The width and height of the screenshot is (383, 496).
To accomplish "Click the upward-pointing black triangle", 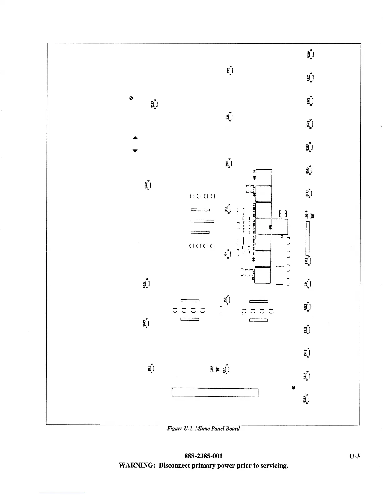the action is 135,138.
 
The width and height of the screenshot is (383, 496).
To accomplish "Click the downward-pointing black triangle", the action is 135,151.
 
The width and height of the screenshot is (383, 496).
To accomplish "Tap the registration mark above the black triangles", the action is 131,98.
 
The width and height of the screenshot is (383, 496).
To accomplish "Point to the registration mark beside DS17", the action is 294,388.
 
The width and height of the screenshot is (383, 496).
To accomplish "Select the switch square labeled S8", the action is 263,177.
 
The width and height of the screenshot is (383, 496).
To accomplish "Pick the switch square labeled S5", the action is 263,275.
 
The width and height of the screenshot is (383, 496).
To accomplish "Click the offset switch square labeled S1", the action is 279,227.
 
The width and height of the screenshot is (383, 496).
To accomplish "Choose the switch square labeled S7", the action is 263,194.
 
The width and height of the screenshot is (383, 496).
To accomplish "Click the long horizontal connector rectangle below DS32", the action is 215,393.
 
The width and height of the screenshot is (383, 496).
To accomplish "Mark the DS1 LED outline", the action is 152,369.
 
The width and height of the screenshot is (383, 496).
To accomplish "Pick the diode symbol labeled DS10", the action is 312,216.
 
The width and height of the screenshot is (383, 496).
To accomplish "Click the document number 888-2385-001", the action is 203,456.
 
